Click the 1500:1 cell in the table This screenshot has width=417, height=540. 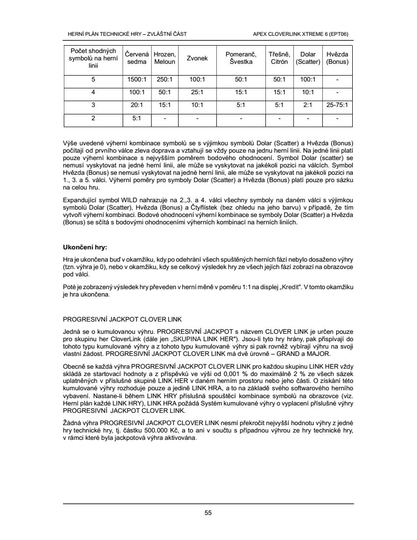click(x=134, y=79)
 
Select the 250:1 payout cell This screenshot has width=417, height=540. click(x=164, y=79)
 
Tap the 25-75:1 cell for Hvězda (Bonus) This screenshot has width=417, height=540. click(x=337, y=105)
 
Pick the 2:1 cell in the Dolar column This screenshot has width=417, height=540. click(x=308, y=105)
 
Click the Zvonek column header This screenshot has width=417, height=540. click(x=197, y=58)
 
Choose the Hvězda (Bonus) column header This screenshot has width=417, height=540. click(x=337, y=58)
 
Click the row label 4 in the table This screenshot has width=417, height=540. click(x=93, y=92)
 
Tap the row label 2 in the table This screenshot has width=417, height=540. click(x=93, y=118)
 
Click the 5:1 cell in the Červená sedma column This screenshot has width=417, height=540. click(x=134, y=118)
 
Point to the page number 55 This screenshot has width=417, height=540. click(x=208, y=513)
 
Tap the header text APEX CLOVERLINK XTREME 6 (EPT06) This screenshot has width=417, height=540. click(x=303, y=34)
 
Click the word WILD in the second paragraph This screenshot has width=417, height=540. click(x=132, y=200)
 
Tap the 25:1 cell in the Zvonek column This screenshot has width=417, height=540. click(x=197, y=92)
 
